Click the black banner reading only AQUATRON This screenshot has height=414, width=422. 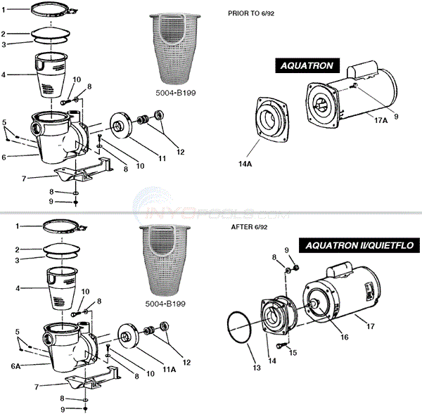[x=307, y=66]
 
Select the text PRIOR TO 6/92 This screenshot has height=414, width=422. [x=253, y=13]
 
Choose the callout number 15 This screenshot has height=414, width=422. [x=293, y=352]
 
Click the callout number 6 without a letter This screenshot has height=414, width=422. [x=5, y=157]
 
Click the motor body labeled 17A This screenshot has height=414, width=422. [x=352, y=98]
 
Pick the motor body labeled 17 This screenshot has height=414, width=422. [x=345, y=299]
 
